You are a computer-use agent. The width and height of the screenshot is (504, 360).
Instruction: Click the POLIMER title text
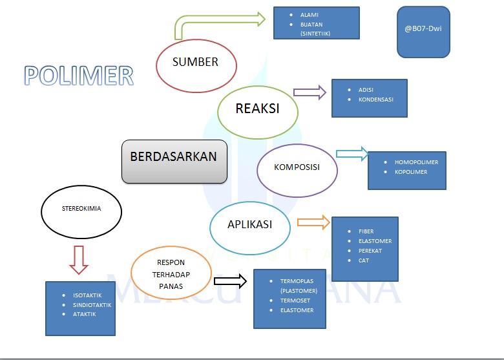79,76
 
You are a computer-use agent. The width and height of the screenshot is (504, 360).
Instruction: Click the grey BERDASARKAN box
174,162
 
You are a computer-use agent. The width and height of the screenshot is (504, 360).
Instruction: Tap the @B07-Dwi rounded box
423,32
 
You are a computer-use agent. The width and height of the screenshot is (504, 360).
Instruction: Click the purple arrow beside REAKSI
310,92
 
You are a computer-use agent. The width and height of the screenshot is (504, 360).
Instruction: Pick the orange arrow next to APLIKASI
313,222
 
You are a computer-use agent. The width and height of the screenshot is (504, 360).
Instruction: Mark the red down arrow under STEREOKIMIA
79,260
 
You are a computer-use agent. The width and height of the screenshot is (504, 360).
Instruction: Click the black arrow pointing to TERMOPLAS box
230,281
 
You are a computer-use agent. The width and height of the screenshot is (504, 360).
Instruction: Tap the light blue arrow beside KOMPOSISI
352,154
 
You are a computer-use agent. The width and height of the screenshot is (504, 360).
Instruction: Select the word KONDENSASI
376,100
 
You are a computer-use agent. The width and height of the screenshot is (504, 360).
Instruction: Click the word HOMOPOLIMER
416,162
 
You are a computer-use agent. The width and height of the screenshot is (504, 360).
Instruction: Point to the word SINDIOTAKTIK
92,305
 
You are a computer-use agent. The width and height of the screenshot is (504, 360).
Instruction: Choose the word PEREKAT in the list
370,251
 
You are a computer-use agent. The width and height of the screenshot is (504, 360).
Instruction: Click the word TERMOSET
295,301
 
